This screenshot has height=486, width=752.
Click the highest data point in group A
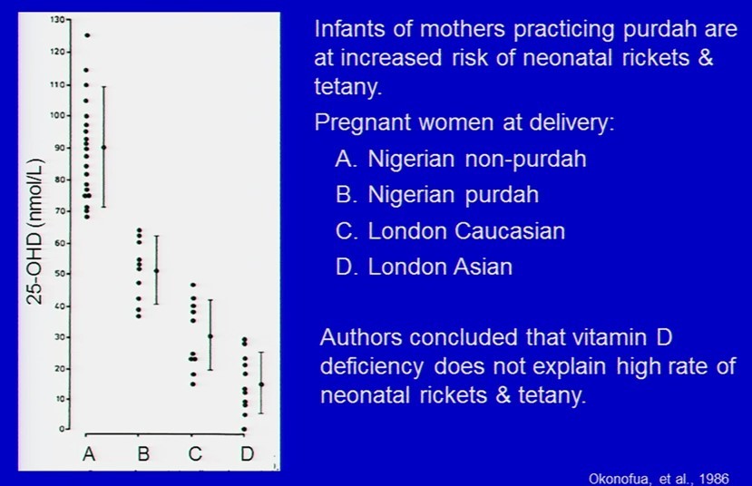click(x=87, y=35)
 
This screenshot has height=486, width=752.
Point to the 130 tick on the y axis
click(x=69, y=20)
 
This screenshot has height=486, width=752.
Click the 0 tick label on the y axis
click(x=62, y=429)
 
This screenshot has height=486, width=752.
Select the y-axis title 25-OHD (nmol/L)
click(x=35, y=231)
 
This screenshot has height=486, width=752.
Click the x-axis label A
click(x=89, y=453)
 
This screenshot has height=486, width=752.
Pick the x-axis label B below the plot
click(x=143, y=453)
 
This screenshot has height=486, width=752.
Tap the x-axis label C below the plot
click(x=195, y=453)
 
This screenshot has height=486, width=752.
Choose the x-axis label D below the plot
click(x=247, y=453)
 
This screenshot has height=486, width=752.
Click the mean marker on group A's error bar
click(x=104, y=147)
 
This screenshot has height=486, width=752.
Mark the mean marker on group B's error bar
click(x=156, y=271)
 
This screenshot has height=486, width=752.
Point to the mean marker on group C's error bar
click(x=210, y=336)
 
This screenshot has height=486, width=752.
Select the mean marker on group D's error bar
click(x=261, y=384)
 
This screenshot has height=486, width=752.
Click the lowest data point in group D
click(x=245, y=429)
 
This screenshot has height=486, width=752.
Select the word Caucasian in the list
click(x=509, y=231)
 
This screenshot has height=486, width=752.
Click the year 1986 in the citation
click(x=714, y=479)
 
